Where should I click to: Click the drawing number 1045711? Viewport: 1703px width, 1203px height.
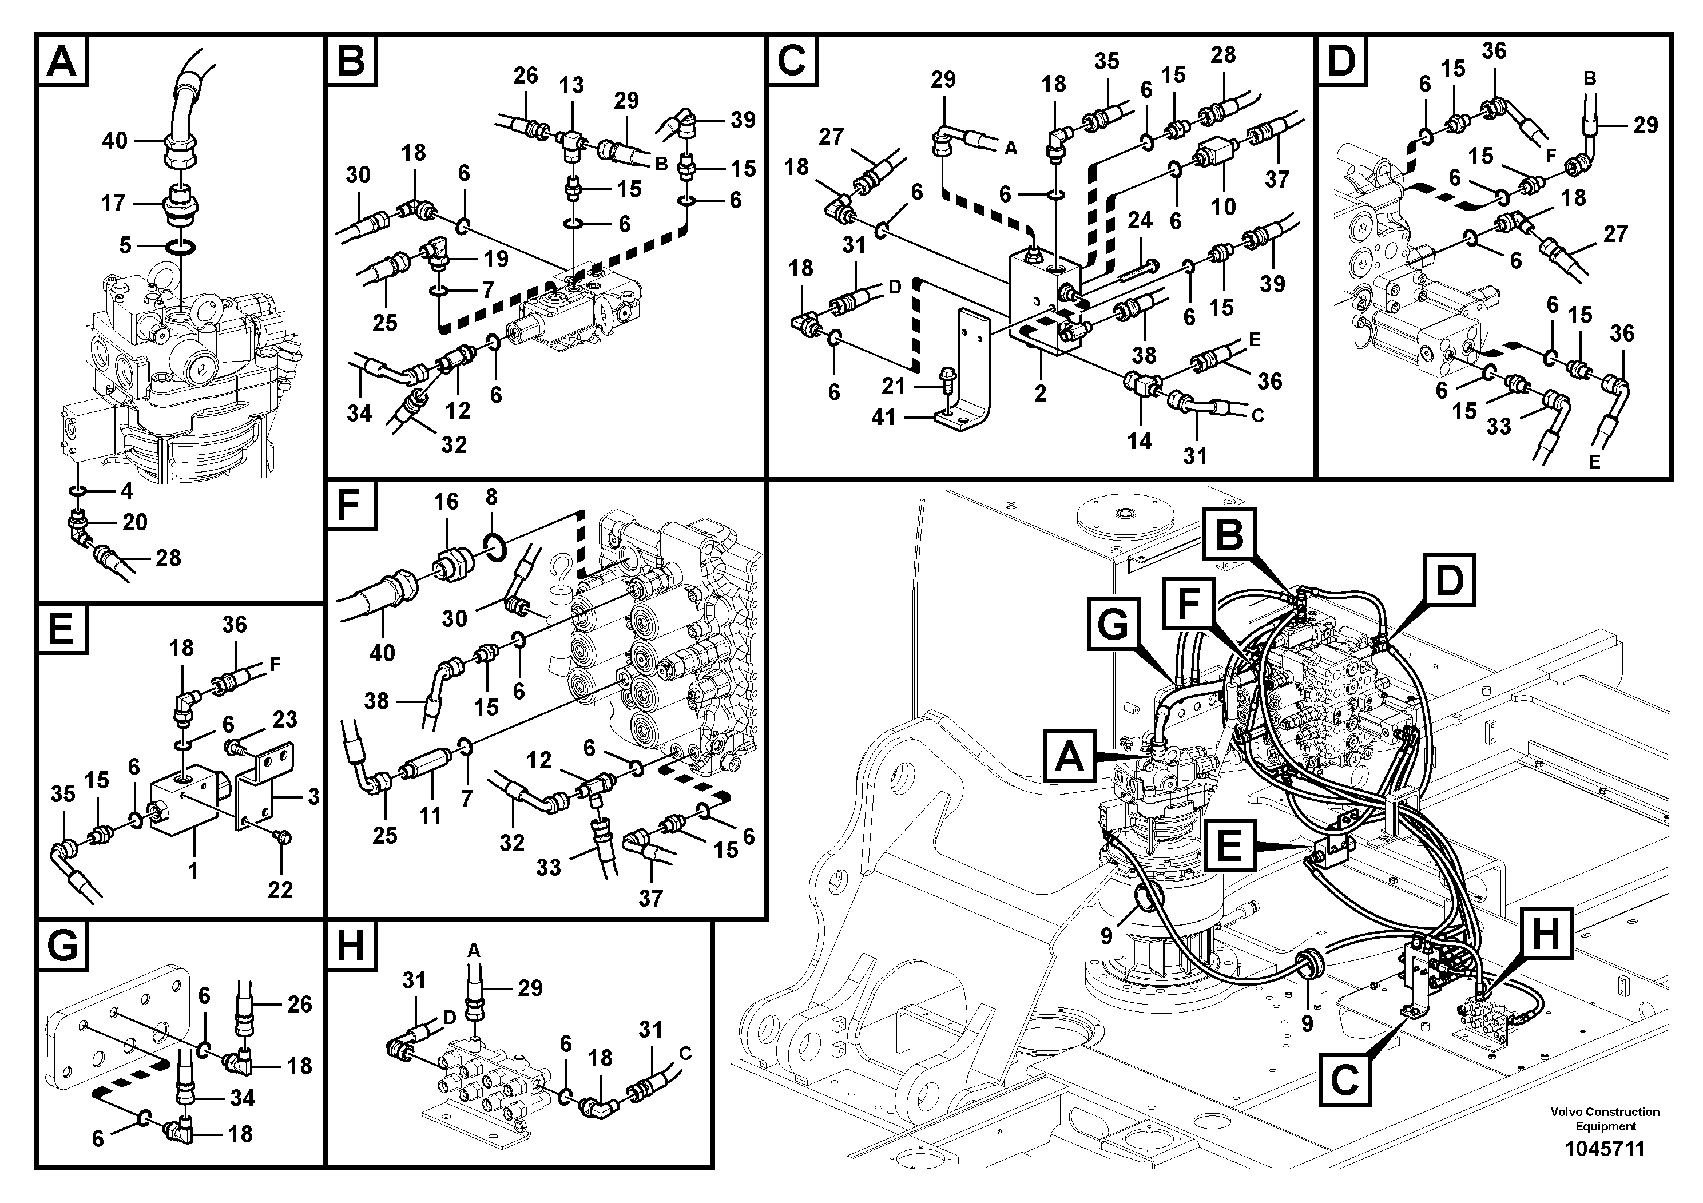(x=1605, y=1149)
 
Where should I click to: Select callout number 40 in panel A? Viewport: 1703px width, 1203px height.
(x=115, y=140)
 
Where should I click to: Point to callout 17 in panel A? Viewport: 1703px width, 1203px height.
(x=113, y=203)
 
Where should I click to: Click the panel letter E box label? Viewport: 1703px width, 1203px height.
(x=61, y=630)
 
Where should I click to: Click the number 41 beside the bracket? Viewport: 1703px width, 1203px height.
(x=883, y=418)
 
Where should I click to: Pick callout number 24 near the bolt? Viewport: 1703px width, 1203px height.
(x=1140, y=220)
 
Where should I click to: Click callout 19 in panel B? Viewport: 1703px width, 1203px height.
(x=496, y=258)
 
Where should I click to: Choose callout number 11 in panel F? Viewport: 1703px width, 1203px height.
(x=430, y=815)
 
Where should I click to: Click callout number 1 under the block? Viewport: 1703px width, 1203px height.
(x=193, y=870)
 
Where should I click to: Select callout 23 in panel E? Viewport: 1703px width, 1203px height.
(x=285, y=720)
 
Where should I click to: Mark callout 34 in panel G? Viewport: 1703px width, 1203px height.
(x=243, y=1098)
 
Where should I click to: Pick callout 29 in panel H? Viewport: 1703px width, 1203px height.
(x=530, y=988)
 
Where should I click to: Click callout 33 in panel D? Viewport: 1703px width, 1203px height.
(x=1499, y=427)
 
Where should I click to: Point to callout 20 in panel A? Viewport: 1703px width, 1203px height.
(x=135, y=522)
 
